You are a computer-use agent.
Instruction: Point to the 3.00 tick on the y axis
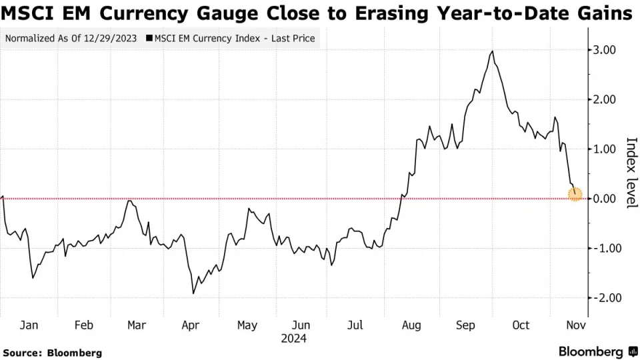click(x=603, y=50)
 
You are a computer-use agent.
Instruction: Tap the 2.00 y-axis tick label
click(x=603, y=99)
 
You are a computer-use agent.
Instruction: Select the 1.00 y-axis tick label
click(x=603, y=149)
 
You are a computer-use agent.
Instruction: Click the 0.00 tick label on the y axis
click(x=603, y=199)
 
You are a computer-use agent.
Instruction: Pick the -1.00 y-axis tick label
click(x=601, y=248)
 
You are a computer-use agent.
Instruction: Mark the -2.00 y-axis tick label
click(x=601, y=298)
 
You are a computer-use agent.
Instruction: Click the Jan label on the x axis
click(x=29, y=325)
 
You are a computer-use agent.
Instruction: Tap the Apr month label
click(x=191, y=325)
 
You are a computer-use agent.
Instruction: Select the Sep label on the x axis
click(x=465, y=325)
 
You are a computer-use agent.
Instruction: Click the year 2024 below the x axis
click(x=293, y=339)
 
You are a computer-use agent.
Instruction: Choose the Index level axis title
click(x=631, y=173)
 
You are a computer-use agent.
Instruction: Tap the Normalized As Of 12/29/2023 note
click(x=71, y=38)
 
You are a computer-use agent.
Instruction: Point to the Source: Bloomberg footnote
click(x=52, y=352)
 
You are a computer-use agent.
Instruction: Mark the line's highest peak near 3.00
click(x=492, y=51)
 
